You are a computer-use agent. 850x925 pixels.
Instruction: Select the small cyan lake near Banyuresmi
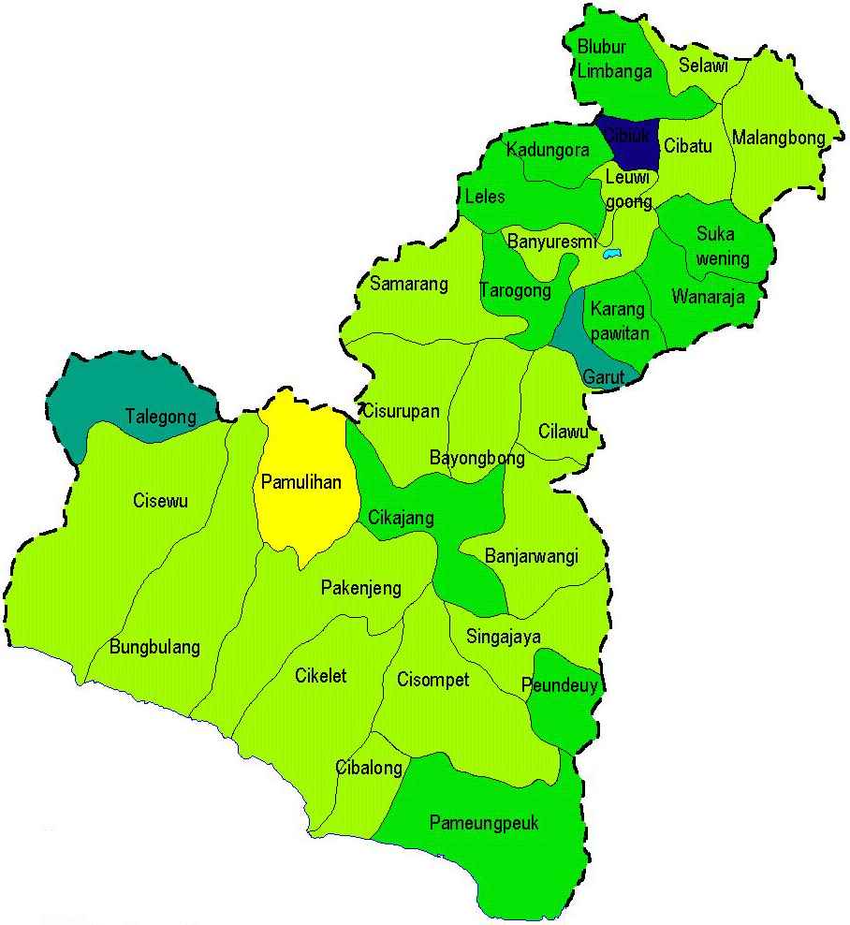click(612, 254)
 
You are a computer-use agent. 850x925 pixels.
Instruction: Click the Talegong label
click(161, 418)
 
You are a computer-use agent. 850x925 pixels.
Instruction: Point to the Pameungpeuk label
click(484, 823)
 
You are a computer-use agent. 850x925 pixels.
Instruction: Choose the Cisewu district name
click(161, 501)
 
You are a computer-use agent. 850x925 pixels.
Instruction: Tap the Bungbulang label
click(154, 647)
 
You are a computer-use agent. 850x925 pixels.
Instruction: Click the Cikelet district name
click(320, 675)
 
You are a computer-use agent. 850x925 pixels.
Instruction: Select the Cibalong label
click(369, 769)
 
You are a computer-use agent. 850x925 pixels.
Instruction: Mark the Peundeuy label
click(560, 685)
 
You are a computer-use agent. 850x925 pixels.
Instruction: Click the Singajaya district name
click(503, 638)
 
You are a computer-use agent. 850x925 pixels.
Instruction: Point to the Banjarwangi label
click(532, 556)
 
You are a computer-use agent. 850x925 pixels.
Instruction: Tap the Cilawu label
click(564, 432)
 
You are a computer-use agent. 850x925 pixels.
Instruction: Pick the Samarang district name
click(409, 284)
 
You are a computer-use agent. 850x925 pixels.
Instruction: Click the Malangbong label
click(779, 139)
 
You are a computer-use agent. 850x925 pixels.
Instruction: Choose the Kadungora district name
click(548, 150)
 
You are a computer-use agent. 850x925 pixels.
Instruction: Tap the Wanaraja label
click(708, 298)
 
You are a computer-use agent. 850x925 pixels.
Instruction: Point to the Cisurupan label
click(400, 411)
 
